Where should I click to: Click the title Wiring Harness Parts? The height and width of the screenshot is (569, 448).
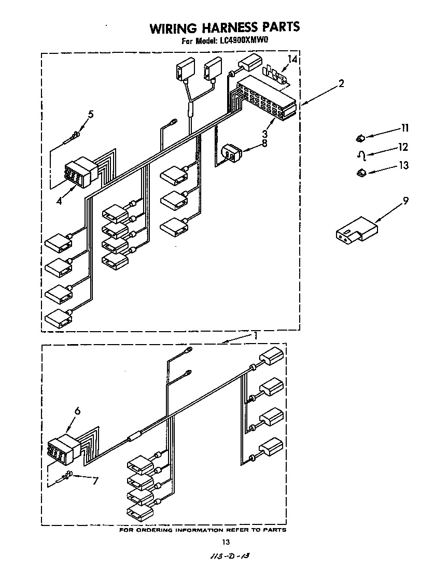225,27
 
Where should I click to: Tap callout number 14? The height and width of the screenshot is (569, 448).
292,60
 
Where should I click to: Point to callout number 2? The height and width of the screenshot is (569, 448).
341,83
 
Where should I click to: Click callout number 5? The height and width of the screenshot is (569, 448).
91,115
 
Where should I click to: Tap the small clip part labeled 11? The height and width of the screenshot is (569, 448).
360,138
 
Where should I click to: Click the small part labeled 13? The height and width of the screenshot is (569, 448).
360,173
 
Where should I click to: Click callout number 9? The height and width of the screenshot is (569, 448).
405,201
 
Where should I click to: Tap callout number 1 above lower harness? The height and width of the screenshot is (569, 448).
256,336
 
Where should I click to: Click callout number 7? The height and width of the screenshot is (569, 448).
94,480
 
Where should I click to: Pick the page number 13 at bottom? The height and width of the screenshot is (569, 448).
225,543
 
